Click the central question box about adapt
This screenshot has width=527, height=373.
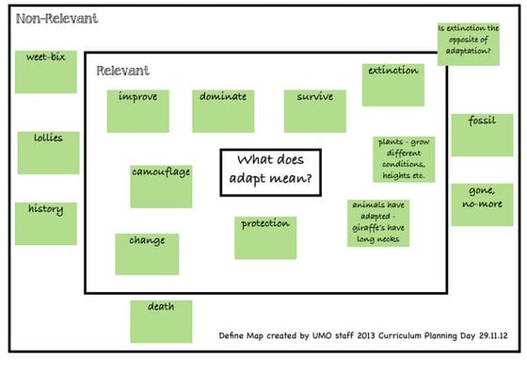coord(270,172)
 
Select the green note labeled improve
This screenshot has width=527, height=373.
coord(137,110)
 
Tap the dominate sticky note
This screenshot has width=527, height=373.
coord(223,110)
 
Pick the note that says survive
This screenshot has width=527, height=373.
coord(314,110)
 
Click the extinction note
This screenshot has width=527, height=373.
coord(392,85)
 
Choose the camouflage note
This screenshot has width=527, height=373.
coord(160,186)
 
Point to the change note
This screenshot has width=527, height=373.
coord(147,253)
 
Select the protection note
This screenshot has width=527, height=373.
coord(264,236)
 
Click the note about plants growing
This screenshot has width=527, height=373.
coord(403,158)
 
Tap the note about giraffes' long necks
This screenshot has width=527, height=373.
coord(379,223)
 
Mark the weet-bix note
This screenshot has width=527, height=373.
coord(45,72)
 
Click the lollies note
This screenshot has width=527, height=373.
coord(48,152)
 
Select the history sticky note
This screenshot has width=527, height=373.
coord(45,223)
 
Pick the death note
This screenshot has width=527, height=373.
coord(160,321)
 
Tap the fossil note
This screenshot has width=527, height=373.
coord(481,134)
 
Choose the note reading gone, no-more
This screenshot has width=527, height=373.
coord(482,203)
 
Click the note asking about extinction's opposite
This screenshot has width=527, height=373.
coord(469,44)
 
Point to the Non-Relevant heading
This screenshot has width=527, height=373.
coord(56,19)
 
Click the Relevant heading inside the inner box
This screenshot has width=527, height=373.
coord(122,71)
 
